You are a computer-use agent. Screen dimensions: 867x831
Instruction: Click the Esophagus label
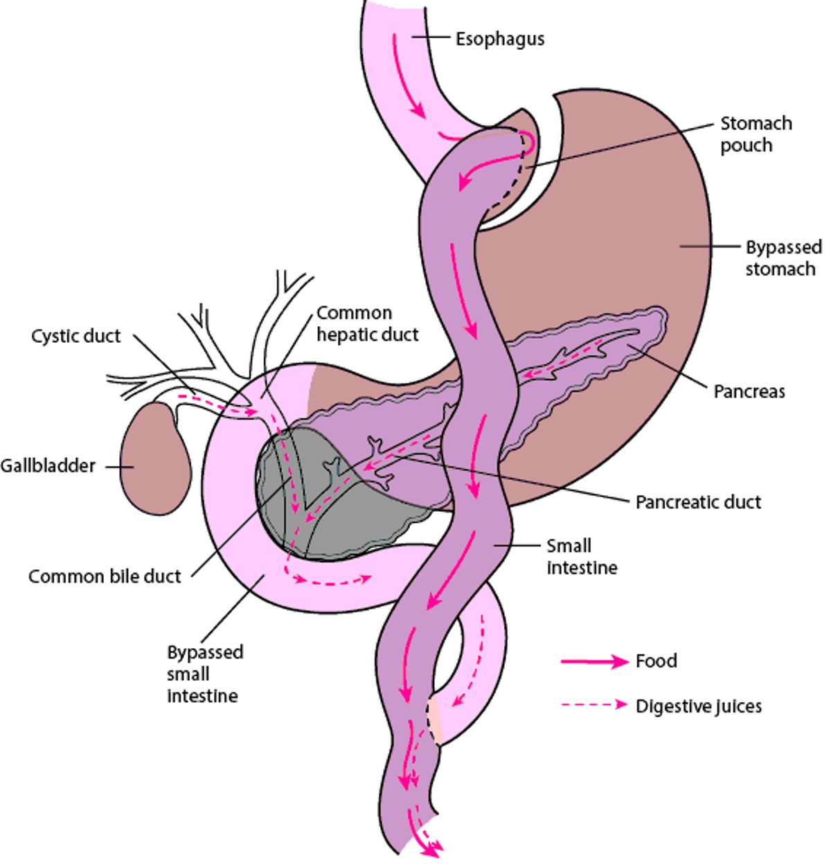[499, 39]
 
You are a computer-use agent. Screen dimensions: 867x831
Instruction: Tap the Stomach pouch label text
[756, 134]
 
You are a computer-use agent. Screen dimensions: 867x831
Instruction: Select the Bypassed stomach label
[783, 258]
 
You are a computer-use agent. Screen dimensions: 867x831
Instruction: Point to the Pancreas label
[749, 391]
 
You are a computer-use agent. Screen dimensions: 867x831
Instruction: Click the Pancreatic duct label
[698, 501]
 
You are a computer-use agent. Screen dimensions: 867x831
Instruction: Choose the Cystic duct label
[76, 337]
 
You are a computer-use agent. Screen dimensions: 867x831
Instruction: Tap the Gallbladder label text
[48, 465]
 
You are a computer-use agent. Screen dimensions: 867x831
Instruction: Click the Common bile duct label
[105, 576]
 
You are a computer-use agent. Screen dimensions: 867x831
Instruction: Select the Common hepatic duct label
[367, 323]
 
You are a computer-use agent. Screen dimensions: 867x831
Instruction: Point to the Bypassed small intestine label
[204, 674]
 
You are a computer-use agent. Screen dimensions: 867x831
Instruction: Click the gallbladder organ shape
[155, 460]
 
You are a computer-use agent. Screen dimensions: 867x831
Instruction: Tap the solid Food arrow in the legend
[594, 662]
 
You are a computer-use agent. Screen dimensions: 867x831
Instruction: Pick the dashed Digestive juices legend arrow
[594, 705]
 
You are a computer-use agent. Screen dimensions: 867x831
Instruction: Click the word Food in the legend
[656, 661]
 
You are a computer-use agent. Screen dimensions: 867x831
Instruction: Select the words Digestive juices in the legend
[698, 706]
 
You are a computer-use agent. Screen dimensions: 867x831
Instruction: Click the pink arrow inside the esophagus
[409, 76]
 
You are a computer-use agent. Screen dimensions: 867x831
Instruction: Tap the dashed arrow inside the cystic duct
[218, 405]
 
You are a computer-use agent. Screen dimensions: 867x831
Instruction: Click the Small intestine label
[582, 557]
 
